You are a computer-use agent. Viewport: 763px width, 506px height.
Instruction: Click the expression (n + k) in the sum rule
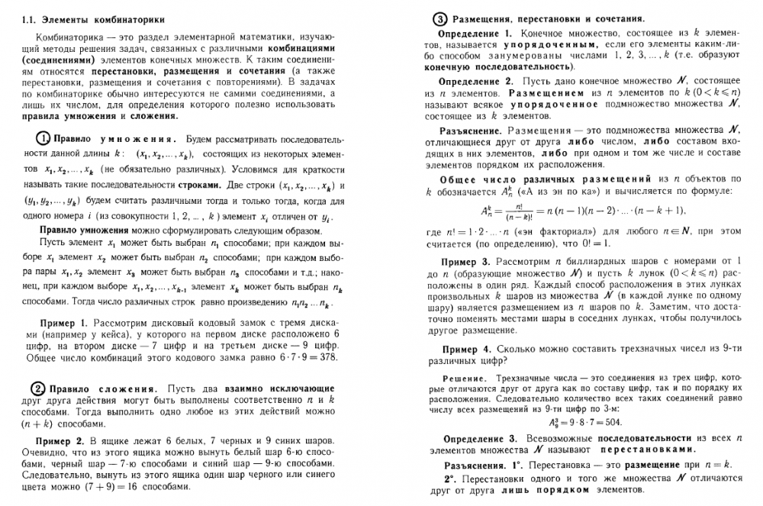41,421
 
